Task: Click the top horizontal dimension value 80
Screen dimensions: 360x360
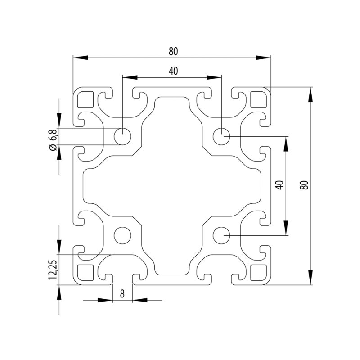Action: [x=173, y=51]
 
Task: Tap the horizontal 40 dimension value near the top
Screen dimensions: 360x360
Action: [x=173, y=71]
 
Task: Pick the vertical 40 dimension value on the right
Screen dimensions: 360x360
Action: [x=279, y=185]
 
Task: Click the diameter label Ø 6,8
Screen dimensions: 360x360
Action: [x=53, y=140]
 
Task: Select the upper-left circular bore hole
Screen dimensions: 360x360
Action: [x=122, y=136]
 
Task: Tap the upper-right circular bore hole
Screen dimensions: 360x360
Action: [x=221, y=136]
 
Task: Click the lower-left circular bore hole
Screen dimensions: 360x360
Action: [x=122, y=235]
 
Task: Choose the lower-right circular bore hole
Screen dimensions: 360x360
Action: [x=221, y=235]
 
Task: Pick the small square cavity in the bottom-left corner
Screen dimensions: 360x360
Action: [x=85, y=272]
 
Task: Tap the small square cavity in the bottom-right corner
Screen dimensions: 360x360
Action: [x=258, y=272]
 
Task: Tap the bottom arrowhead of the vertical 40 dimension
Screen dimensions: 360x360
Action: [x=285, y=229]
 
